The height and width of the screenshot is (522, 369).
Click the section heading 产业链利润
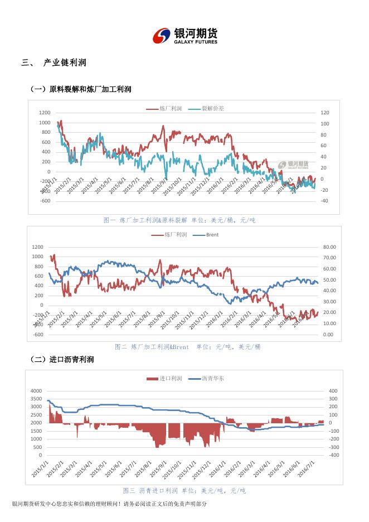[x=64, y=63]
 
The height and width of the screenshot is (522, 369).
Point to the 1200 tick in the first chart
[x=45, y=113]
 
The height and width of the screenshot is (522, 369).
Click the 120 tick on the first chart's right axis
[x=324, y=113]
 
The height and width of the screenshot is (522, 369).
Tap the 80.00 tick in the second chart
[x=329, y=246]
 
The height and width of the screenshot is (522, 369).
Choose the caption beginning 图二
[x=187, y=347]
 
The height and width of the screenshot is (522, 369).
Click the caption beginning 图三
[x=184, y=491]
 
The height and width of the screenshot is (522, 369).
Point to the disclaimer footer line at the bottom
[x=109, y=504]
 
